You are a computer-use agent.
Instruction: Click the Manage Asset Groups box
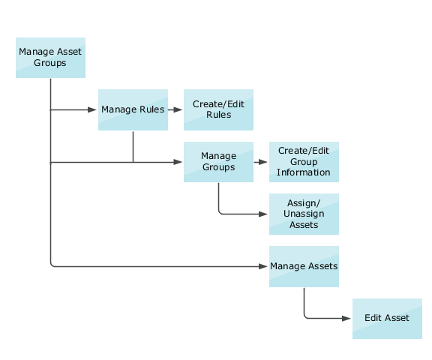(x=50, y=57)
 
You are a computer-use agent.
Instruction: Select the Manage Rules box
(x=133, y=109)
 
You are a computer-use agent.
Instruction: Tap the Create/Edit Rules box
(x=218, y=109)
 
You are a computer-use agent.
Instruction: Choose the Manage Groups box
(x=218, y=161)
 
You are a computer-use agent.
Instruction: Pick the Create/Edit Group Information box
(x=304, y=162)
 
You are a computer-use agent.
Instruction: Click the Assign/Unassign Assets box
(x=304, y=214)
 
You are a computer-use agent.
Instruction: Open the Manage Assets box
(x=304, y=266)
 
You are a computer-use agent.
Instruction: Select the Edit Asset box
(x=387, y=318)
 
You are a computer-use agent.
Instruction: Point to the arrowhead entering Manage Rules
(x=93, y=109)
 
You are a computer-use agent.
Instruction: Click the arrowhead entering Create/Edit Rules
(x=178, y=109)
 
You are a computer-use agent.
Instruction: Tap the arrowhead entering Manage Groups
(x=178, y=162)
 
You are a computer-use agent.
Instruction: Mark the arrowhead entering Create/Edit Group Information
(x=264, y=162)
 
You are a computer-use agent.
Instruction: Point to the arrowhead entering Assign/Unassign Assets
(x=264, y=214)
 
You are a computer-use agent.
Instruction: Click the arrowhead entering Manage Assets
(x=264, y=266)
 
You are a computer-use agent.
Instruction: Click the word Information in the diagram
(x=304, y=172)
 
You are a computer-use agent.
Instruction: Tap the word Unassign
(x=304, y=214)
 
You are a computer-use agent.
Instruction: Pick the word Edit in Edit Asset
(x=373, y=318)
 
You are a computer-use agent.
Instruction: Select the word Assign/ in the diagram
(x=304, y=204)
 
